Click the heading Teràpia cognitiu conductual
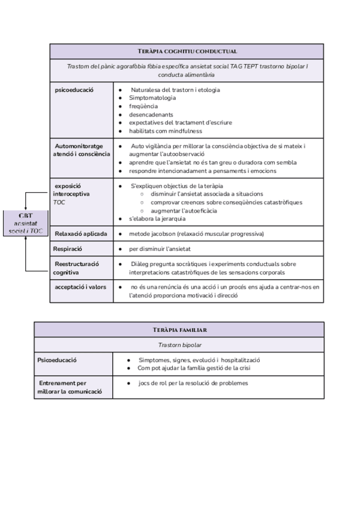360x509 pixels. (187, 51)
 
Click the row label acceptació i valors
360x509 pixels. (80, 287)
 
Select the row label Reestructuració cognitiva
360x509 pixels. (77, 268)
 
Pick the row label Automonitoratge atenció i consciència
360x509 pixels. (82, 150)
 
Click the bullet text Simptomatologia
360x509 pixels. (152, 98)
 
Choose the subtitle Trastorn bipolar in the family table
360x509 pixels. (179, 345)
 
